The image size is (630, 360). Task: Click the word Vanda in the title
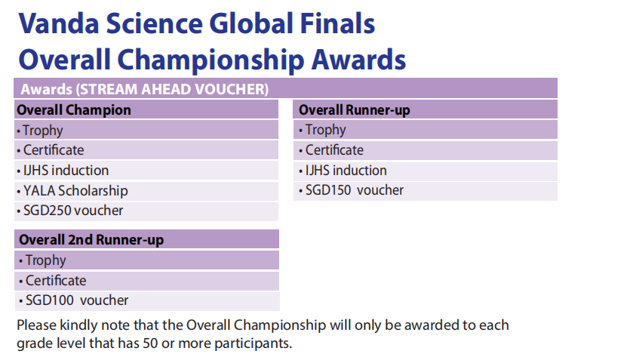click(x=59, y=23)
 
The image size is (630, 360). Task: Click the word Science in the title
click(x=154, y=23)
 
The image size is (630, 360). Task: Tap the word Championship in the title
click(x=211, y=60)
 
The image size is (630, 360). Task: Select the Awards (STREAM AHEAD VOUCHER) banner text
click(x=145, y=89)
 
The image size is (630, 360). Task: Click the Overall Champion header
click(x=74, y=109)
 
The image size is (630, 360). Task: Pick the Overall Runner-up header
click(x=355, y=110)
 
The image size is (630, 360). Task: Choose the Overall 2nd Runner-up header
click(x=91, y=240)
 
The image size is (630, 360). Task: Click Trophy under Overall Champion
click(x=42, y=131)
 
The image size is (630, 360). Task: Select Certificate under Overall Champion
click(x=54, y=150)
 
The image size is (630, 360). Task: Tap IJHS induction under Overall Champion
click(x=66, y=171)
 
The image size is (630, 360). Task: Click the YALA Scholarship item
click(x=75, y=191)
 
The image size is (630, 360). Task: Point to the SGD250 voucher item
click(x=73, y=211)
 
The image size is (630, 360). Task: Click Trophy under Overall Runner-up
click(x=325, y=130)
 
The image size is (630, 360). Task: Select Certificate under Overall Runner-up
click(x=334, y=150)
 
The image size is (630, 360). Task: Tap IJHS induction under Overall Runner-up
click(x=346, y=171)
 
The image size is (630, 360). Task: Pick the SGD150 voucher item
click(x=355, y=190)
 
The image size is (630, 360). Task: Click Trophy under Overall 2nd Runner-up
click(x=46, y=260)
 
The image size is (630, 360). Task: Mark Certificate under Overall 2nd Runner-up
click(x=56, y=281)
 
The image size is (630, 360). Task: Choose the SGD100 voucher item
click(x=77, y=300)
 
